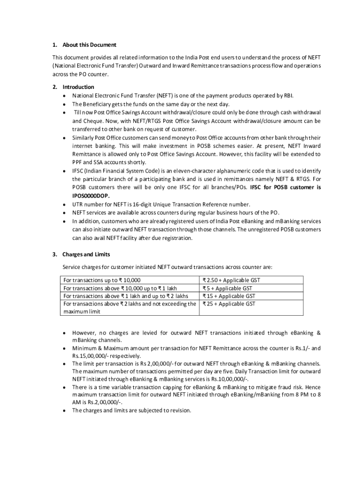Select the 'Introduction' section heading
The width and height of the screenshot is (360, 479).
tap(78, 87)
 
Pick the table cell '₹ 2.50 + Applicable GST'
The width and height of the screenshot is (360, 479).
tap(231, 280)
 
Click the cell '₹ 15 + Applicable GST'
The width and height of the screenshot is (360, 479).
tap(229, 296)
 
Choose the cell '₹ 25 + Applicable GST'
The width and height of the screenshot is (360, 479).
tap(229, 304)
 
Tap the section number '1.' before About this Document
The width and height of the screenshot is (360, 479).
tap(54, 45)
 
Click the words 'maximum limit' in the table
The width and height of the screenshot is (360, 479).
tap(82, 312)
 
